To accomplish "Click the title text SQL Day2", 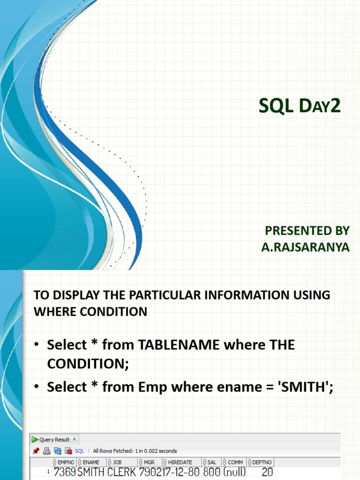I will (x=300, y=106).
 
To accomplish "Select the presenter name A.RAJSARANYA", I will (x=305, y=247).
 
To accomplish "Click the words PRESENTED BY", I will (x=307, y=231).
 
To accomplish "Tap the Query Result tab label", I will (x=54, y=440).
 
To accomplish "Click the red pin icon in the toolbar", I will (x=36, y=451).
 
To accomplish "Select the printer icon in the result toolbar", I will (x=47, y=451).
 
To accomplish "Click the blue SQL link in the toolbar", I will (x=79, y=451).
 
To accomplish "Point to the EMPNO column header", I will (x=66, y=462).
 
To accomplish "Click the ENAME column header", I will (x=91, y=462).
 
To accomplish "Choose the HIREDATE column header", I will (x=180, y=462).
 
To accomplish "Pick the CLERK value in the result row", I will (x=122, y=472).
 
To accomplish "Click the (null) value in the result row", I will (x=234, y=472).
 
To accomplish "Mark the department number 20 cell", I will (x=267, y=472).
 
